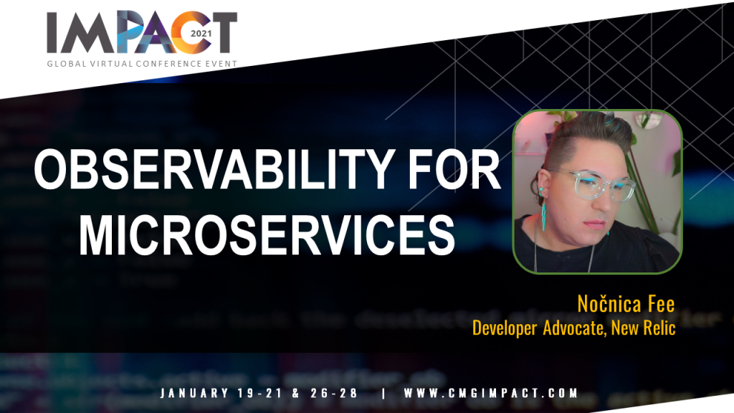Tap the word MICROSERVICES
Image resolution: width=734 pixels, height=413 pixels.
[267, 234]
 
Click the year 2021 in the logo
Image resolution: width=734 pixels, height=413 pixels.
[201, 34]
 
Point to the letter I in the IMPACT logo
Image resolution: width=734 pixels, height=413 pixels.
[52, 33]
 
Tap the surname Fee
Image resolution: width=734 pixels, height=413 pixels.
[662, 304]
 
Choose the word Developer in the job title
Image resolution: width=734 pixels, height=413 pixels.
[504, 328]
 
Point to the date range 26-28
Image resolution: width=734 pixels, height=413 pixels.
[334, 393]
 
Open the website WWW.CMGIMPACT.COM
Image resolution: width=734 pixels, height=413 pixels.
[491, 393]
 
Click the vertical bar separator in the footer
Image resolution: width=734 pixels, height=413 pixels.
[384, 393]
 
